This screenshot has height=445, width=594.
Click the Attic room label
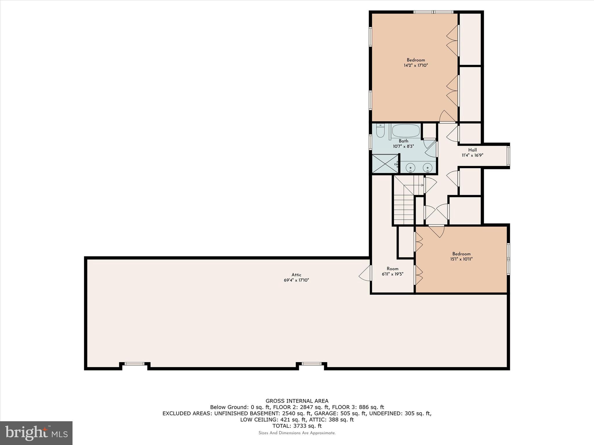(x=296, y=275)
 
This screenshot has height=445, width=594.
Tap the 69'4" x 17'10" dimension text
(x=296, y=280)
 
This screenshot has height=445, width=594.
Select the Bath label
(x=403, y=141)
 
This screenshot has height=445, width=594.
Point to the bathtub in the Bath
(x=406, y=131)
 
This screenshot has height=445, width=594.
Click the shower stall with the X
(x=385, y=164)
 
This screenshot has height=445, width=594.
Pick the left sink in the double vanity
(x=410, y=167)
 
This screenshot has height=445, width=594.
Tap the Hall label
(x=472, y=150)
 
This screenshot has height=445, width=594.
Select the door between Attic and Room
(x=366, y=273)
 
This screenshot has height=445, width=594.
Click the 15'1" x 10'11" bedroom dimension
(x=461, y=259)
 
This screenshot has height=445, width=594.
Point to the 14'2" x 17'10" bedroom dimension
(x=416, y=65)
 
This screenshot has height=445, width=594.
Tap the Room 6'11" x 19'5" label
(x=392, y=271)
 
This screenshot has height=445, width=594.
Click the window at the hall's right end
(x=508, y=156)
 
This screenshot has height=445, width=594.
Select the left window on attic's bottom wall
(x=134, y=364)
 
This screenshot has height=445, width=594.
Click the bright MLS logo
(x=36, y=433)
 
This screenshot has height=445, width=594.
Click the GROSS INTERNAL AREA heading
(x=297, y=401)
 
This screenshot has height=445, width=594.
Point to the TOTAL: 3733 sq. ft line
(x=297, y=426)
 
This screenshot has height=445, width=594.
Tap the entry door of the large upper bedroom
(x=447, y=117)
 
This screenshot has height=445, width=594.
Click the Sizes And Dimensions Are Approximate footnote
(x=297, y=433)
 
